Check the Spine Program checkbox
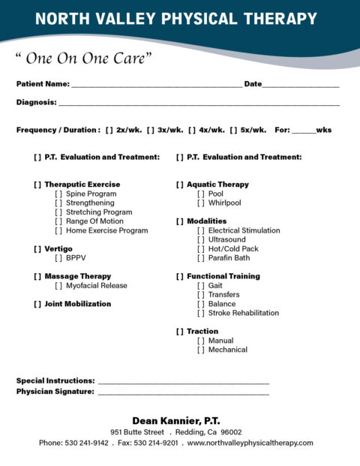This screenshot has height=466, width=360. (x=58, y=194)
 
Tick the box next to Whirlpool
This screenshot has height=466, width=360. (x=200, y=203)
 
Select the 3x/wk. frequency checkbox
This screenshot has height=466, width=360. (x=151, y=130)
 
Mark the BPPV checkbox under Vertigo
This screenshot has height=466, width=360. (x=58, y=257)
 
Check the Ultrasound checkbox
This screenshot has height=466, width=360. (x=200, y=239)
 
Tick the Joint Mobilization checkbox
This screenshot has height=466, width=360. (x=37, y=304)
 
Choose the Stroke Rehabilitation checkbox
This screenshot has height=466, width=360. (x=200, y=313)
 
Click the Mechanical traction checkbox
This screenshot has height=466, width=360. (x=200, y=350)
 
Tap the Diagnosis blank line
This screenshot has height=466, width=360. (x=198, y=104)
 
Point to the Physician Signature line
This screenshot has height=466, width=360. (x=183, y=392)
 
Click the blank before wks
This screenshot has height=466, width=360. (x=304, y=131)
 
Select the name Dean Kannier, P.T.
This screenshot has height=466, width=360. (x=176, y=420)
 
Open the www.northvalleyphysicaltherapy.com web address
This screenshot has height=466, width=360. (x=250, y=443)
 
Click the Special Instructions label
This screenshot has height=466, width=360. (x=55, y=381)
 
